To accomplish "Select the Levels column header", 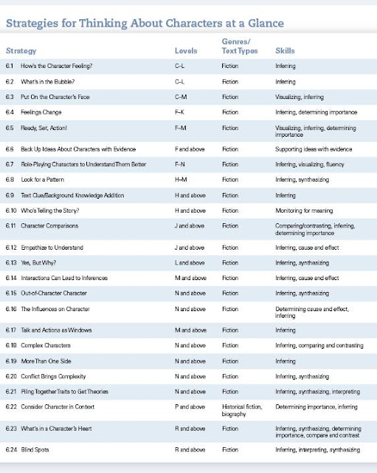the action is point(185,52).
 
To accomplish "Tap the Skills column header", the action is point(286,52).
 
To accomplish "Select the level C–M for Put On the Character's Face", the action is point(179,97).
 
